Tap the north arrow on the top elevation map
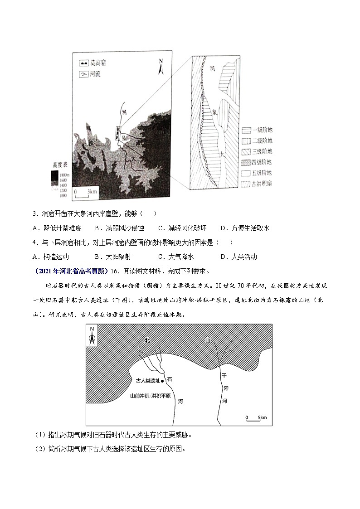pyautogui.click(x=160, y=67)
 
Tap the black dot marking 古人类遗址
pyautogui.click(x=163, y=382)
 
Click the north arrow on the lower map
pyautogui.click(x=92, y=336)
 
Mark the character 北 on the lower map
pyautogui.click(x=147, y=340)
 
